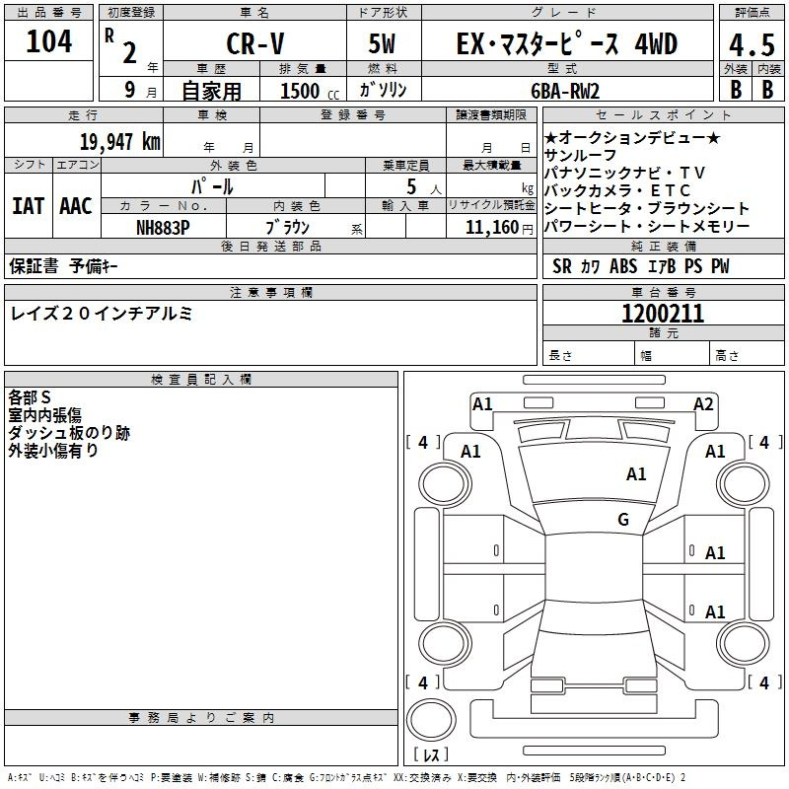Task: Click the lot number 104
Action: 48,41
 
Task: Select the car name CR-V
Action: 255,43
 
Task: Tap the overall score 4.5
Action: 752,45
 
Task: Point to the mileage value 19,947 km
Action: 120,142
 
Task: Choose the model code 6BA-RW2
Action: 565,91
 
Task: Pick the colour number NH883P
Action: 163,228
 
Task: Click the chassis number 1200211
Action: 663,314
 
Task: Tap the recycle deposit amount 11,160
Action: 492,228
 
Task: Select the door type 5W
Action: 382,43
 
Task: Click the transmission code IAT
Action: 29,206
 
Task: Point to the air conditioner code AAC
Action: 76,206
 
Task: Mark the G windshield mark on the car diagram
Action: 623,519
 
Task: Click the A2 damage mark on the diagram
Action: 703,404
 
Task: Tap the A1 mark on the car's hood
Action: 636,474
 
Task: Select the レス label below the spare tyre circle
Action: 431,754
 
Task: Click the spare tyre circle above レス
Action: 431,720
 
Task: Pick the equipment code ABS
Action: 623,266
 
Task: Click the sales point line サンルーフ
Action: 580,155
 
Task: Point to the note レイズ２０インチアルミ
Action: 102,314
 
